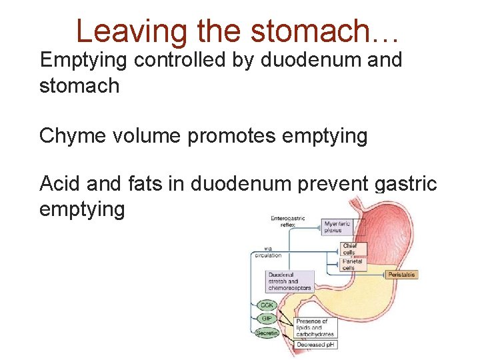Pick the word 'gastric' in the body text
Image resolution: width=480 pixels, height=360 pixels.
pyautogui.click(x=407, y=183)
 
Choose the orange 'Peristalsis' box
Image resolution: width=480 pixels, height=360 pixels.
pyautogui.click(x=402, y=275)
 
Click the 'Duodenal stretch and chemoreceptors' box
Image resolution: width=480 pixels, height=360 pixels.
pyautogui.click(x=290, y=281)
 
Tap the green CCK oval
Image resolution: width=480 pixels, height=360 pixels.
pyautogui.click(x=266, y=305)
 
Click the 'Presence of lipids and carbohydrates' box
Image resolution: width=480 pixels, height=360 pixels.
pyautogui.click(x=315, y=327)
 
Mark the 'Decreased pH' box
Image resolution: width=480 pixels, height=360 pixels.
pyautogui.click(x=316, y=345)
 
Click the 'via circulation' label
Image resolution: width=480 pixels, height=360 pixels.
pyautogui.click(x=268, y=251)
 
